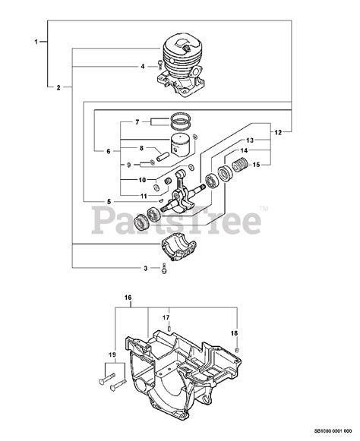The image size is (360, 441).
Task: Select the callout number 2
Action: tap(58, 88)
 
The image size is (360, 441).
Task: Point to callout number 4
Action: tap(141, 66)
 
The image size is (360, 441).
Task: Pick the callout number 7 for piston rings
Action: tap(137, 122)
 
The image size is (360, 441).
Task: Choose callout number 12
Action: tap(278, 133)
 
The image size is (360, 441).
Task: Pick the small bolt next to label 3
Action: tap(163, 268)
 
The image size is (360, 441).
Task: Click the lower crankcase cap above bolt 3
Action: tap(179, 247)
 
